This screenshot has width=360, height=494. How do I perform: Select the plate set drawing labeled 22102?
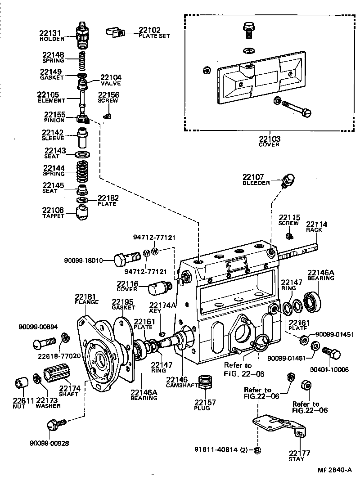click(x=115, y=31)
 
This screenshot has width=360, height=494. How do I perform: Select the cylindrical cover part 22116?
click(x=160, y=286)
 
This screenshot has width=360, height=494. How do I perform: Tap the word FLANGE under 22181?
click(x=86, y=302)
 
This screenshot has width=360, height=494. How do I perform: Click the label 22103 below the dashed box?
click(x=269, y=139)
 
